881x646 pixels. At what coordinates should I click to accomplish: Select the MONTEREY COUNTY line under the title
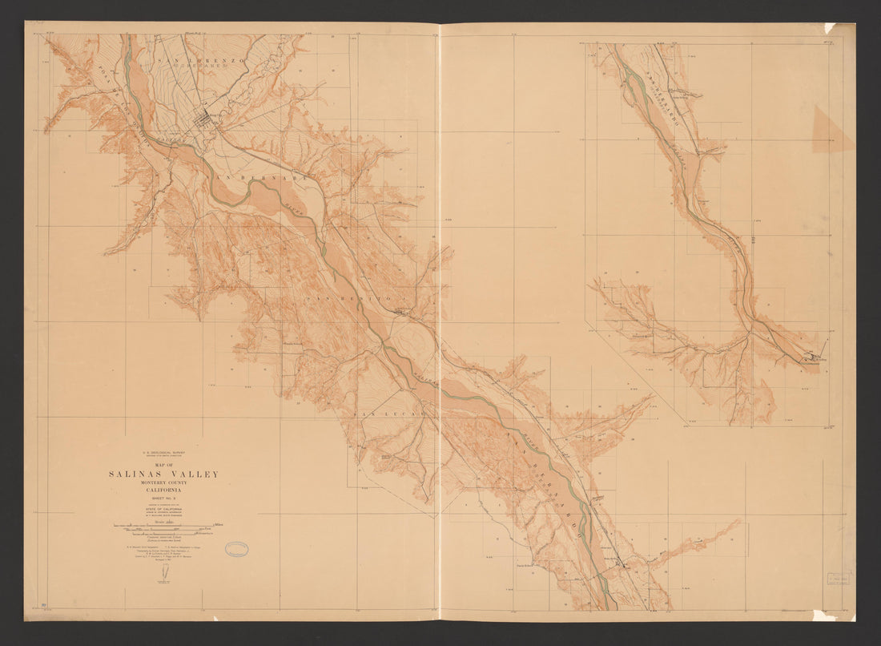[163, 483]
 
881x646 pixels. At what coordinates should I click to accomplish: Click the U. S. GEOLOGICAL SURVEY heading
[163, 453]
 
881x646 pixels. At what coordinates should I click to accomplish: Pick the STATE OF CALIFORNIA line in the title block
[163, 508]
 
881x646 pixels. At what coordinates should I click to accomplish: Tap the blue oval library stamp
[236, 549]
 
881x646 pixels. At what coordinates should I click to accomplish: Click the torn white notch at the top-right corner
[831, 28]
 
